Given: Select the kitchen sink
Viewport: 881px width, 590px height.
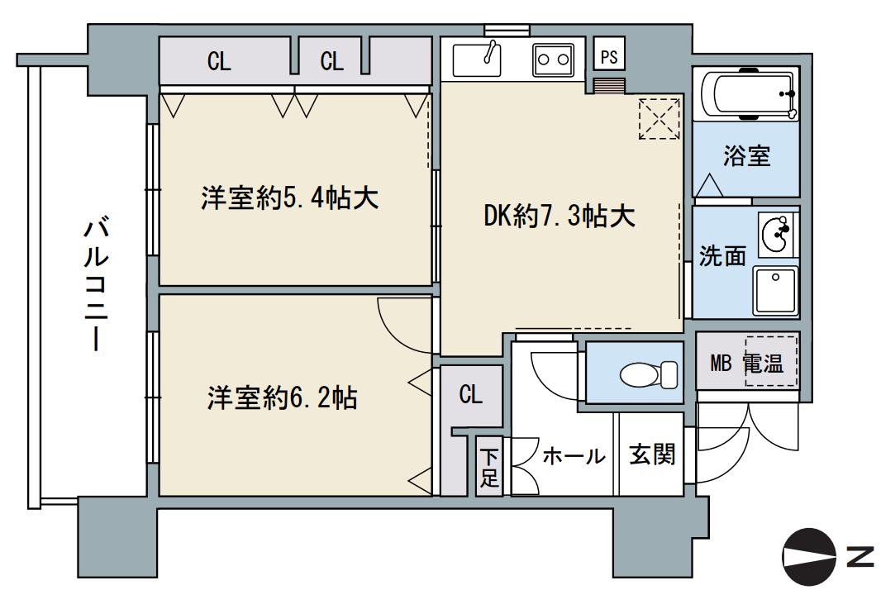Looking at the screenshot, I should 479,58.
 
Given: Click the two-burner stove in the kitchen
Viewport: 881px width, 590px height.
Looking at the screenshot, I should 553,58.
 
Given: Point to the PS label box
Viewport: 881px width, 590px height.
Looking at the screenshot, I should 609,57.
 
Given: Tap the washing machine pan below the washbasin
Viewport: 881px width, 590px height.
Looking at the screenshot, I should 775,290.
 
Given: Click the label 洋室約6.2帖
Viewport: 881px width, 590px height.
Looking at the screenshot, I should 282,398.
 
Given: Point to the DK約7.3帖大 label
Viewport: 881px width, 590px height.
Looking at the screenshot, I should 560,216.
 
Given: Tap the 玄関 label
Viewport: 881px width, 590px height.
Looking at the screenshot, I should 652,454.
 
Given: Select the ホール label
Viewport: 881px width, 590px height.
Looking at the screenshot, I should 574,455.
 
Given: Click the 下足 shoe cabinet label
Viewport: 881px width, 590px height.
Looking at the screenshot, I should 489,468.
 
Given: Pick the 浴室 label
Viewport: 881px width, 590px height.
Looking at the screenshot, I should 746,157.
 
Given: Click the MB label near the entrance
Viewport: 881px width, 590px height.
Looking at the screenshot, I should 721,363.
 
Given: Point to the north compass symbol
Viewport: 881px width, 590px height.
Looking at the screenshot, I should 809,558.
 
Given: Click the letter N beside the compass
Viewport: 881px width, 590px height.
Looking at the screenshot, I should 860,558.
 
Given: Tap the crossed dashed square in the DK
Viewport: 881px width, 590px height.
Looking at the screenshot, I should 658,117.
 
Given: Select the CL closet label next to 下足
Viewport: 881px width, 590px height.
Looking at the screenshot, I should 470,394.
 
